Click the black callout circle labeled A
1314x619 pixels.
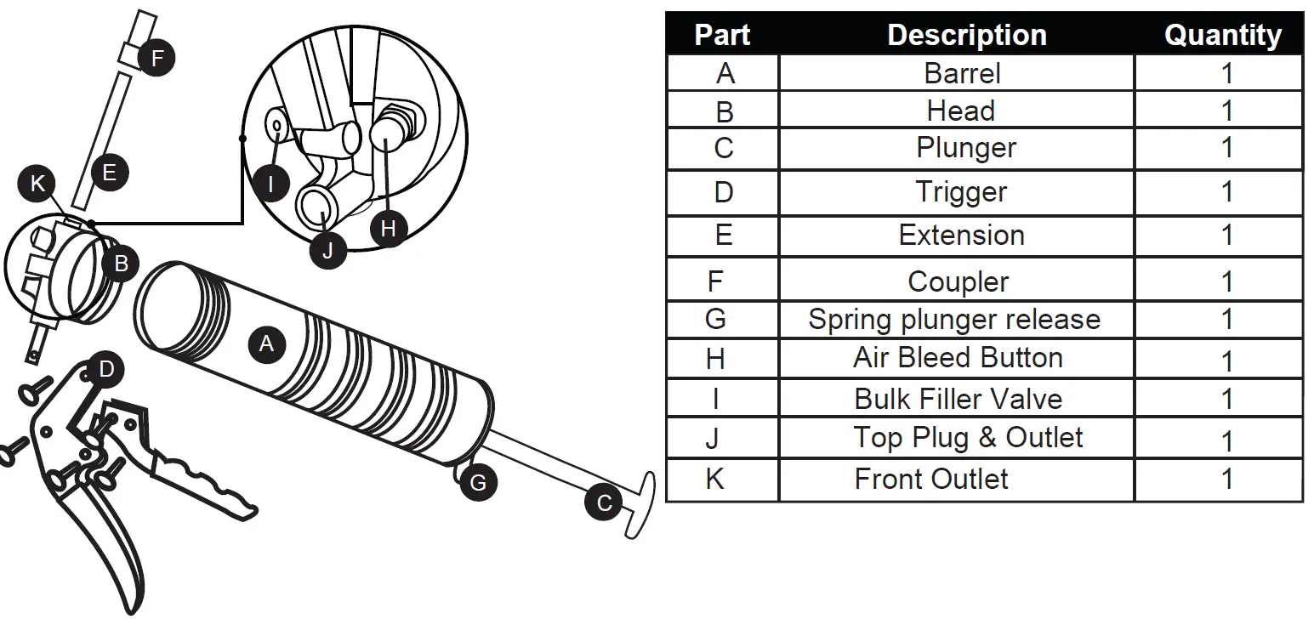click(267, 344)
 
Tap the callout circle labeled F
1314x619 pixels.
click(156, 59)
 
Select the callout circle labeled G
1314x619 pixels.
click(478, 483)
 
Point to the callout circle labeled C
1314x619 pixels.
click(604, 503)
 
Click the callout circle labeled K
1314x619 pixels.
click(37, 184)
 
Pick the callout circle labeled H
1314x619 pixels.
click(389, 228)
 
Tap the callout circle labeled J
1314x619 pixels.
click(327, 251)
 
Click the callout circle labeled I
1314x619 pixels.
click(270, 183)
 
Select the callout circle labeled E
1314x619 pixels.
click(109, 173)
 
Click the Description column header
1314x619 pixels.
click(966, 35)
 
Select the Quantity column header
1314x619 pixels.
click(1222, 35)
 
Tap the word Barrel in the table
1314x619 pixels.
click(962, 73)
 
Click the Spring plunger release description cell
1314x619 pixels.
click(954, 319)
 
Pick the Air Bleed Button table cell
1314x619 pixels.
click(958, 358)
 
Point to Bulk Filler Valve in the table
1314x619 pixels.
click(958, 398)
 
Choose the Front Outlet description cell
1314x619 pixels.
click(931, 479)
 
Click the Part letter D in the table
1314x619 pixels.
click(723, 192)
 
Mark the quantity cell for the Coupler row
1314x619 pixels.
click(1226, 281)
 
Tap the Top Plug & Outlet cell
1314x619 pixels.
click(968, 437)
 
